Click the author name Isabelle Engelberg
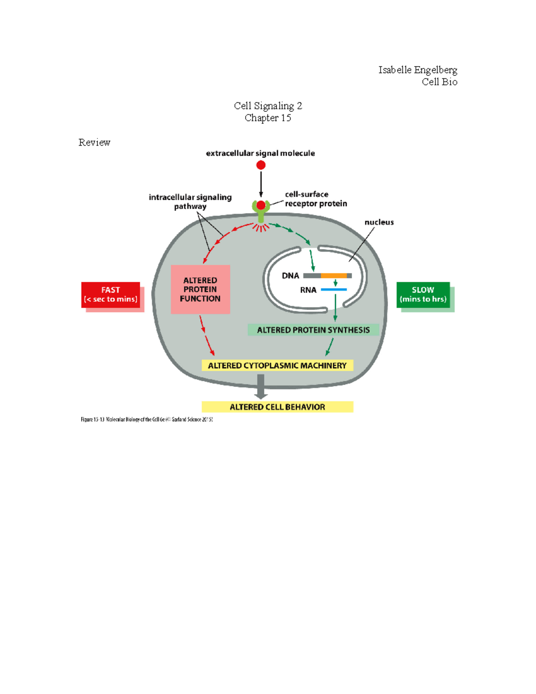(417, 70)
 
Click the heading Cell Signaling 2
(268, 106)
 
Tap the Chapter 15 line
(268, 118)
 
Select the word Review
(94, 143)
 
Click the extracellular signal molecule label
(260, 153)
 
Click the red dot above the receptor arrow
(261, 165)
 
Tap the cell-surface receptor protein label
(316, 199)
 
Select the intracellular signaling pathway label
(190, 202)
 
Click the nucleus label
(379, 222)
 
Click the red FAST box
(111, 294)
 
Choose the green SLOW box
(423, 294)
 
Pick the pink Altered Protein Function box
(200, 289)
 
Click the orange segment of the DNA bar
(334, 276)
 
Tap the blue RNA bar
(334, 290)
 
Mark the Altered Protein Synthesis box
(313, 330)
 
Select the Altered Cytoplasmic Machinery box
(277, 366)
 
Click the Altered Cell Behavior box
(277, 407)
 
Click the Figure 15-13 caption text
(147, 420)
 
